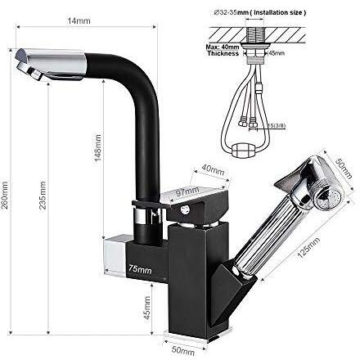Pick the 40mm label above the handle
click(212, 170)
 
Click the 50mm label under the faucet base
click(184, 351)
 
